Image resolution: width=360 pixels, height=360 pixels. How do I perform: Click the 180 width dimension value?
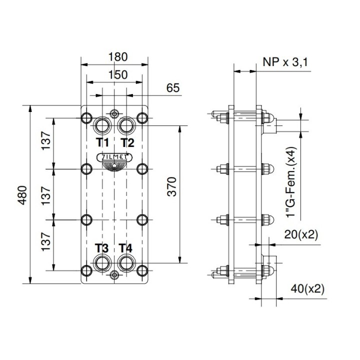118,57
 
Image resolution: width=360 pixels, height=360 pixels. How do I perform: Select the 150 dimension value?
118,75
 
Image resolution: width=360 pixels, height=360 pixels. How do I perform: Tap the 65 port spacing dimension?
173,88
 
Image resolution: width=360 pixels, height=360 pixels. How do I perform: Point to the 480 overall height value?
22,195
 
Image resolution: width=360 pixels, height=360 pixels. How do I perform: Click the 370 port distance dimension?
171,186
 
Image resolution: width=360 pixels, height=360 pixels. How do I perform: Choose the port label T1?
102,142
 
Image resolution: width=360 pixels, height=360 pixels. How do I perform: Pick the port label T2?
127,142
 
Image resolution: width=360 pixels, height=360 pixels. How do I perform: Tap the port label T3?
101,248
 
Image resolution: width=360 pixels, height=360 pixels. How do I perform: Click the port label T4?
125,248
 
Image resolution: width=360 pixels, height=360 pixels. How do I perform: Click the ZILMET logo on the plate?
114,157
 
